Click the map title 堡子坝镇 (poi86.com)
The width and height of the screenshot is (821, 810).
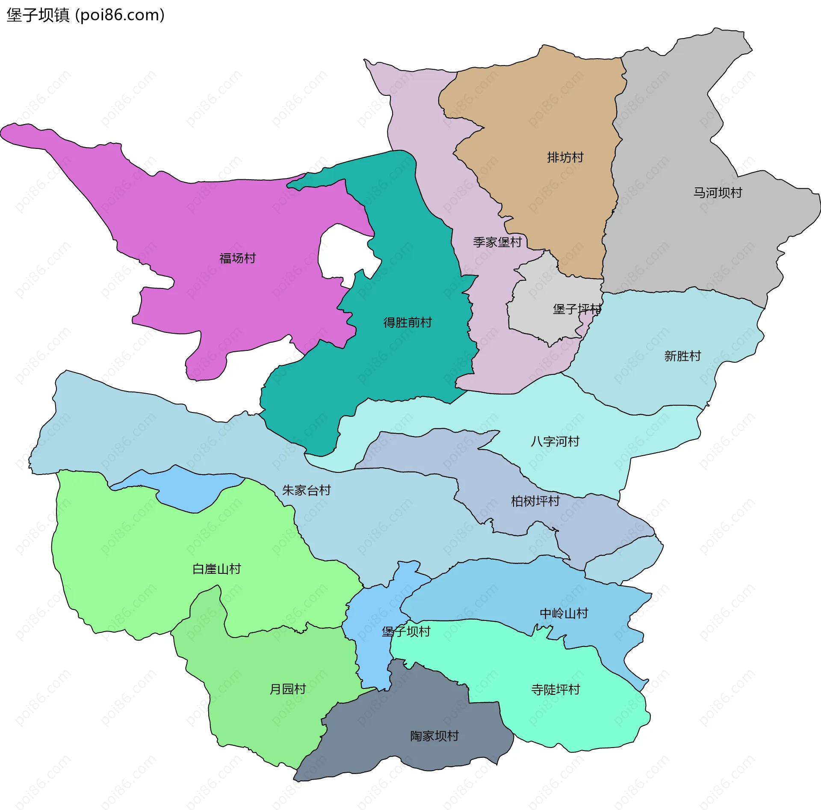tap(86, 15)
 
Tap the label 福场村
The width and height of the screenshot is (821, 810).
tap(237, 258)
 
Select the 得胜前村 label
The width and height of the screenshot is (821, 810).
tap(408, 323)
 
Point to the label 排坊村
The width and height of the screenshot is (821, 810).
tap(565, 158)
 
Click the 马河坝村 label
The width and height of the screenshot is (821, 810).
tap(718, 193)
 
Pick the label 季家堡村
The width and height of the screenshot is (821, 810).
tap(497, 243)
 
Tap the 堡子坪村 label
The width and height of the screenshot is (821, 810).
tap(577, 309)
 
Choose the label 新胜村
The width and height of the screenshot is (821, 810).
tap(682, 356)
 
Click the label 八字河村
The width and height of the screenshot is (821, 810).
tap(555, 442)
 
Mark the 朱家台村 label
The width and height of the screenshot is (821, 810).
tap(307, 490)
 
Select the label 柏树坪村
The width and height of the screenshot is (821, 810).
tap(535, 501)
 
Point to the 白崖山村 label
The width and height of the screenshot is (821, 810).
tap(217, 569)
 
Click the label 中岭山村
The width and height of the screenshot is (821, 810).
tap(564, 614)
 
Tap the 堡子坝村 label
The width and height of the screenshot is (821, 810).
tap(406, 632)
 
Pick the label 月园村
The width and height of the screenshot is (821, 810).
tap(288, 689)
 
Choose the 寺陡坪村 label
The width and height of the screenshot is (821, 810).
tap(555, 689)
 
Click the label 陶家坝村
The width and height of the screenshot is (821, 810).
tap(434, 736)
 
